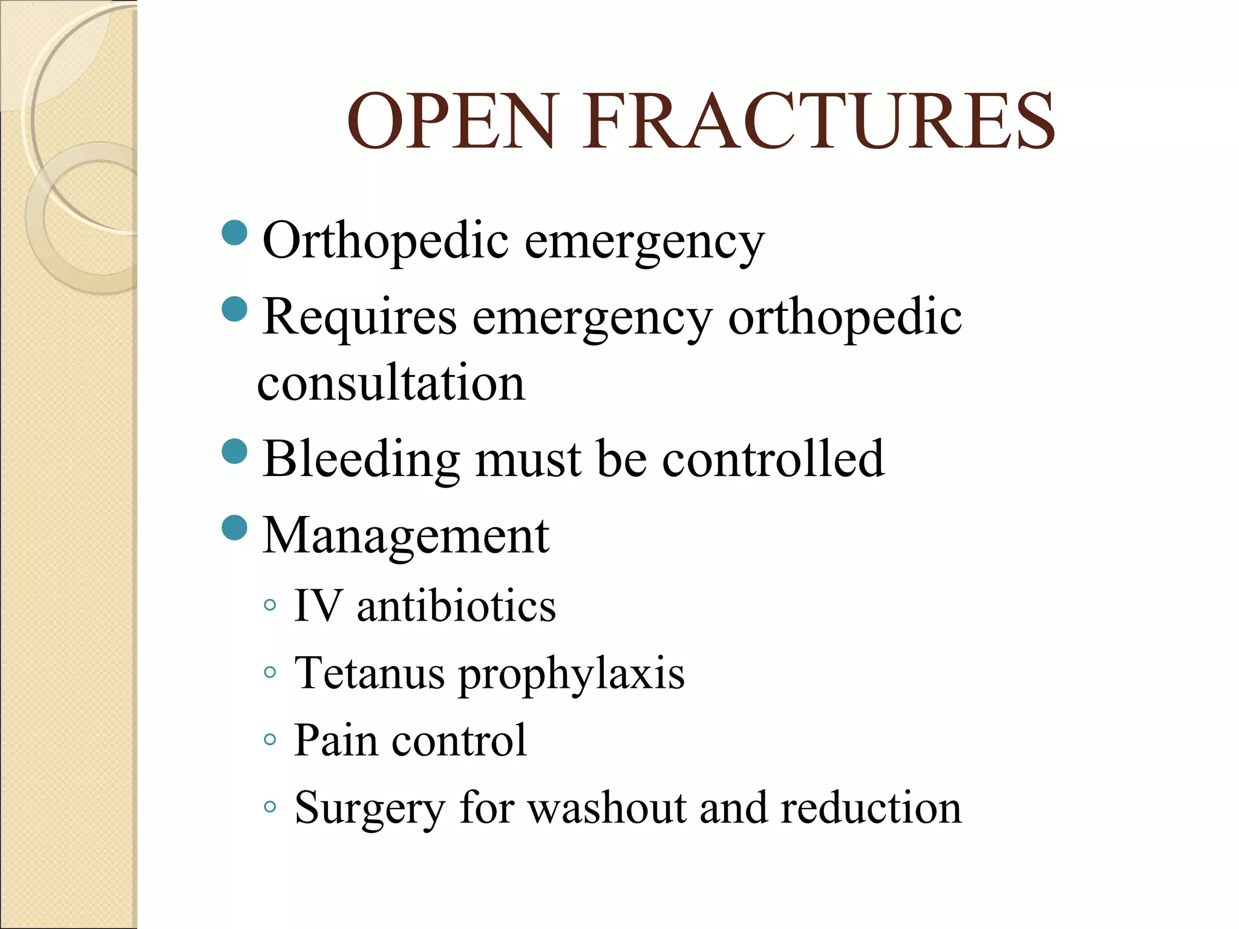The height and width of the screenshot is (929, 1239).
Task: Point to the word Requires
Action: point(359,317)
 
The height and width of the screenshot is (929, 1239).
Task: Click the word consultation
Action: point(391,383)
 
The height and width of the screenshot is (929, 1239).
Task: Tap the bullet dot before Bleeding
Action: point(235,451)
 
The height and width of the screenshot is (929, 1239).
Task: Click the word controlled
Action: point(773,459)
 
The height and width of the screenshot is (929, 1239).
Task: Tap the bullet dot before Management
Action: point(235,527)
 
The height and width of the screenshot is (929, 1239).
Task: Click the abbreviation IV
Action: point(317,605)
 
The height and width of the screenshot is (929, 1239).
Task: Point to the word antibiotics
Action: point(456,606)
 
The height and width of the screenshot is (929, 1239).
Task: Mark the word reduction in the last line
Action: point(871,808)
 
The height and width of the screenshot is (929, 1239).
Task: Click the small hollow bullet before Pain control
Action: point(270,739)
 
